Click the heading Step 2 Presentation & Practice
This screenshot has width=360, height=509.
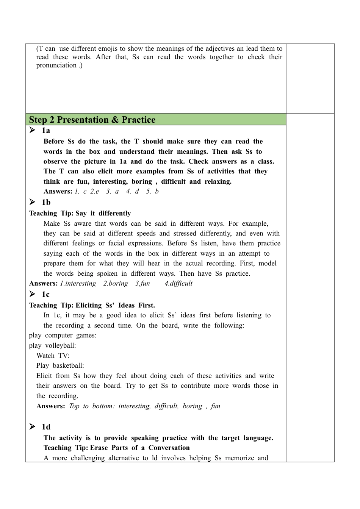point(92,120)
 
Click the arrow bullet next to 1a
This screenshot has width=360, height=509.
point(33,130)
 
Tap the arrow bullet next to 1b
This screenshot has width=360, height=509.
point(33,202)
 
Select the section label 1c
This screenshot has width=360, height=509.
point(46,294)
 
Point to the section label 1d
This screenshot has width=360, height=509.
point(46,427)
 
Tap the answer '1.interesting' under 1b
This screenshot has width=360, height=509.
point(78,283)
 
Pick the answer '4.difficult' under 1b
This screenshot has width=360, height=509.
point(178,283)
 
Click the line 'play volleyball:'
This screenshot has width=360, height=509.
point(52,345)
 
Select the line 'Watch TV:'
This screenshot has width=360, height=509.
point(53,356)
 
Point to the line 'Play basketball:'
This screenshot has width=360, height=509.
point(60,365)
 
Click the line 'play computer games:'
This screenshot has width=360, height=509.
point(63,335)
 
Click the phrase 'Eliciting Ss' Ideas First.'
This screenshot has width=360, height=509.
point(115,305)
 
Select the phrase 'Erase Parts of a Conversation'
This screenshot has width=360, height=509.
point(140,448)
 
